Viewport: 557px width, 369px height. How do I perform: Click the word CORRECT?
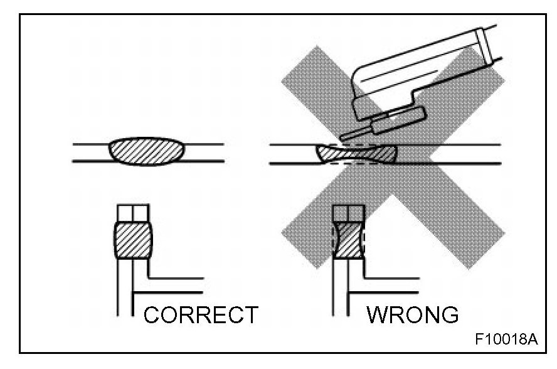point(201,314)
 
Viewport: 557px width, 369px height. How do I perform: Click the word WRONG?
point(412,314)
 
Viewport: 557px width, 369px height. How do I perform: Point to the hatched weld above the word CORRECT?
point(133,240)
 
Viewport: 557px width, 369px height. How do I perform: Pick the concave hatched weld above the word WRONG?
point(348,240)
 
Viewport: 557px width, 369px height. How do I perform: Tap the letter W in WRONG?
point(378,314)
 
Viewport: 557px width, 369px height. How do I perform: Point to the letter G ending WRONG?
point(448,314)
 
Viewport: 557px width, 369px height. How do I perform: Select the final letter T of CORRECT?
point(250,314)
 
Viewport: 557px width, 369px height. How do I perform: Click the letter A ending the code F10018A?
point(533,340)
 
